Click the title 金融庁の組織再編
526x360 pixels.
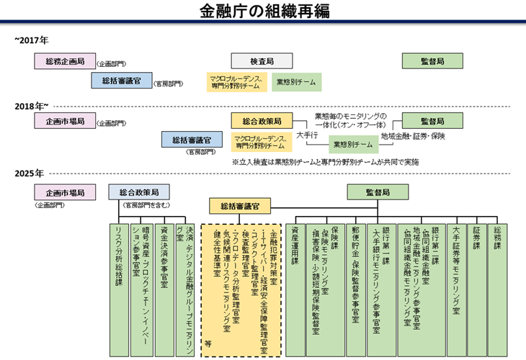262,12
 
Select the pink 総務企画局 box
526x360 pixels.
65,61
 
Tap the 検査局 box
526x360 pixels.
261,61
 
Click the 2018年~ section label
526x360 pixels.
32,106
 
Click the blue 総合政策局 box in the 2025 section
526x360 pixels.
138,192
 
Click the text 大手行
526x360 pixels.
307,135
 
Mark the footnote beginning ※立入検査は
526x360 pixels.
325,162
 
